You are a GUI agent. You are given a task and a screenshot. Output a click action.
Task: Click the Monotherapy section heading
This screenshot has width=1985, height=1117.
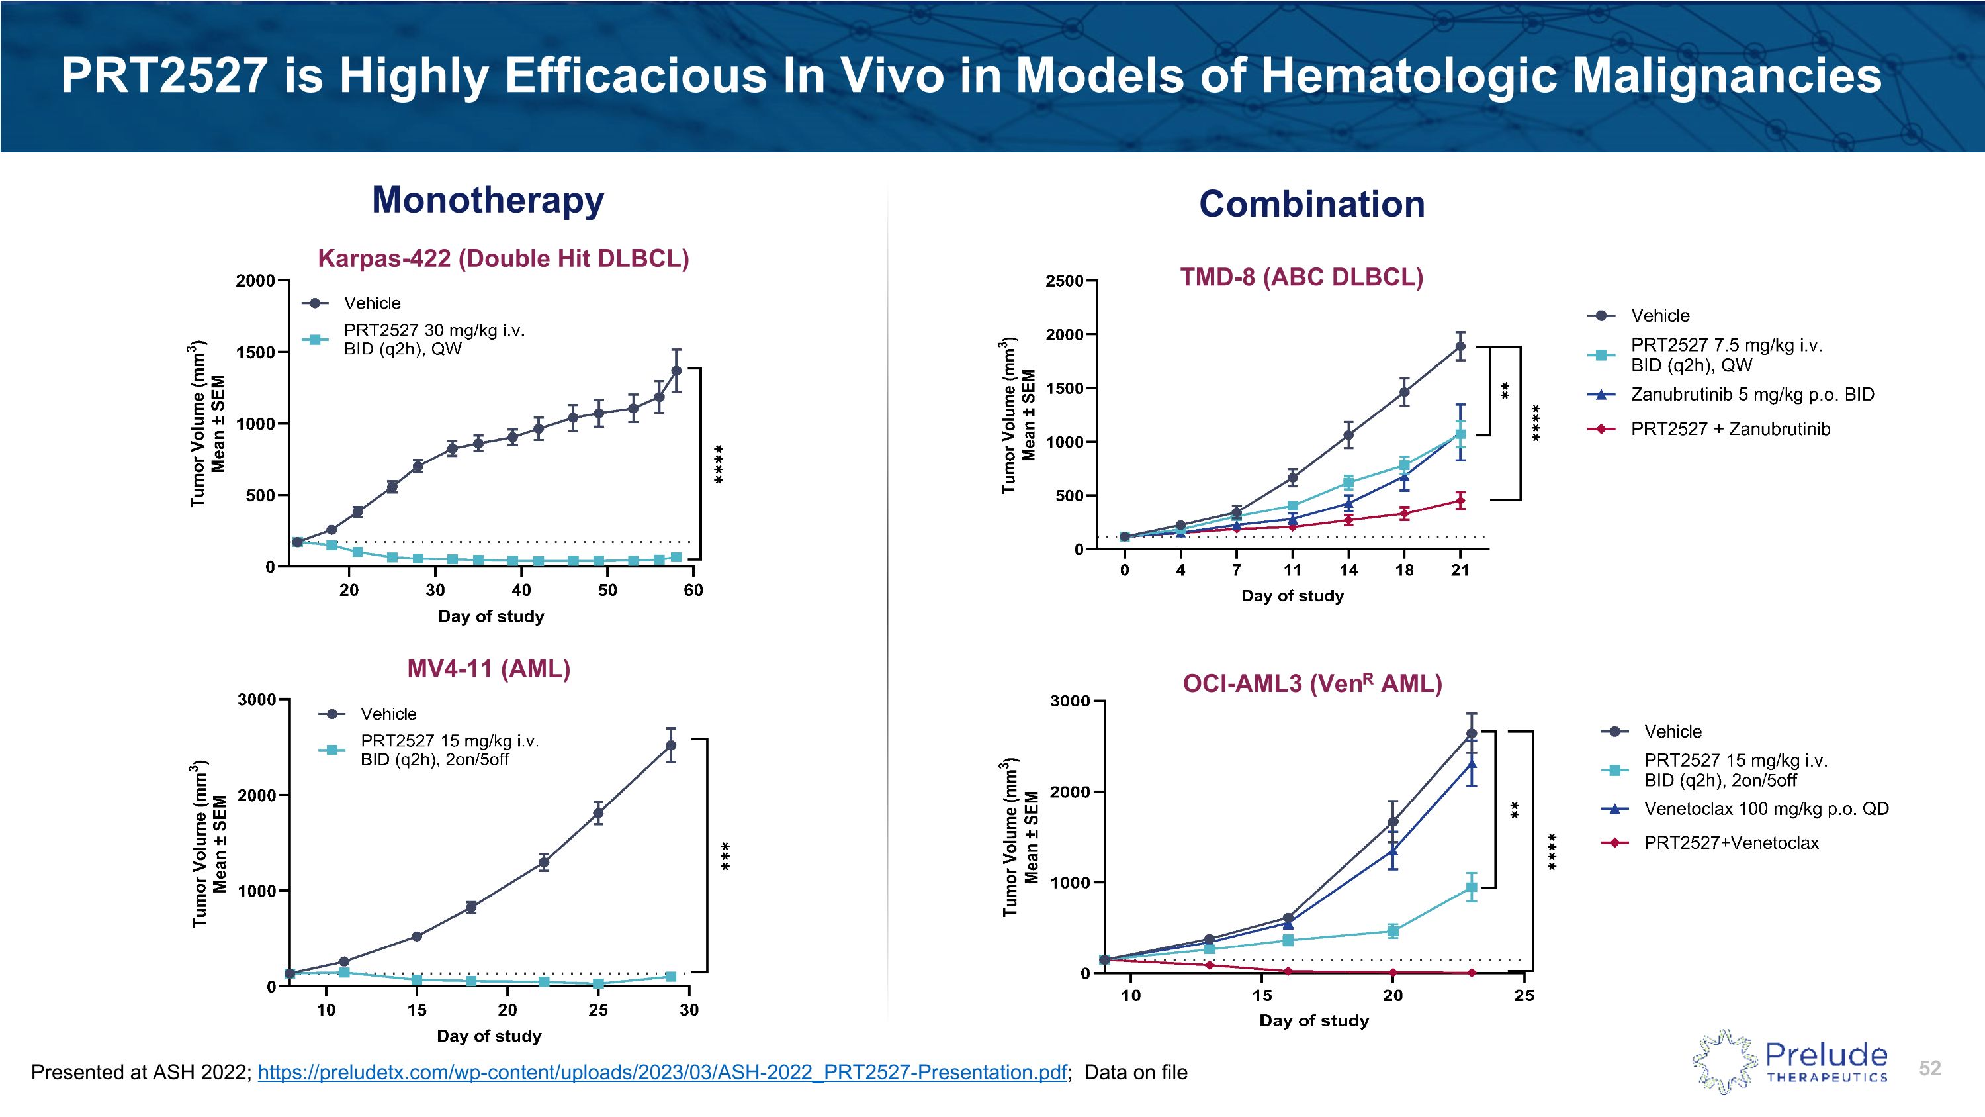tap(488, 200)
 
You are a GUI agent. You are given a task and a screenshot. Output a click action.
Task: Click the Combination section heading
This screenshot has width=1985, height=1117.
tap(1311, 205)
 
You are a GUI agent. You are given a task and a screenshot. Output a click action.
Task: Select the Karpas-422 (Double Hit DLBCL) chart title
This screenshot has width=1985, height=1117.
tap(503, 258)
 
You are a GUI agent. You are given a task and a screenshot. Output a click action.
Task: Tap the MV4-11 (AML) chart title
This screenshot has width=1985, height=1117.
tap(488, 668)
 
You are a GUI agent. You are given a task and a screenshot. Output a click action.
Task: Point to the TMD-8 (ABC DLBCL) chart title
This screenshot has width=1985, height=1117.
tap(1301, 277)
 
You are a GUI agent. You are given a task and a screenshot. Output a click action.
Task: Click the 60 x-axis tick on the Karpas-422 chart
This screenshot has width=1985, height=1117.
tap(693, 591)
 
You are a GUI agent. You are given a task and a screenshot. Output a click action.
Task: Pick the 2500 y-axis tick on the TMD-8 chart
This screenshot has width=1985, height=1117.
tap(1064, 281)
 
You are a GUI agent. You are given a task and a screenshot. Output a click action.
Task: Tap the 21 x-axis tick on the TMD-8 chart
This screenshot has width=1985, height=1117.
tap(1460, 571)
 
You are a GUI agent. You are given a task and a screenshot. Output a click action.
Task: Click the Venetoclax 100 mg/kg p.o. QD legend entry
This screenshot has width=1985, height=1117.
tap(1765, 808)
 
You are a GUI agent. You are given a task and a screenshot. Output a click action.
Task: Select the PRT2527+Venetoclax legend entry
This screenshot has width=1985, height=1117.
tap(1731, 843)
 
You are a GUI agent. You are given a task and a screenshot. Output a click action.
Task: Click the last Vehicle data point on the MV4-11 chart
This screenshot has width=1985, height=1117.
tap(671, 746)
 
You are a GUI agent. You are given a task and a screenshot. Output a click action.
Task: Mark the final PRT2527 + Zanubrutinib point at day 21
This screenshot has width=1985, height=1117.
tap(1460, 501)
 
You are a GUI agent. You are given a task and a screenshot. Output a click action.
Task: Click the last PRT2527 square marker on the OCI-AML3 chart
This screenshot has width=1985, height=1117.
tap(1471, 888)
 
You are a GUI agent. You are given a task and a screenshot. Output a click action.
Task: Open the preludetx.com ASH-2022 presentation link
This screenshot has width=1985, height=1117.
tap(662, 1072)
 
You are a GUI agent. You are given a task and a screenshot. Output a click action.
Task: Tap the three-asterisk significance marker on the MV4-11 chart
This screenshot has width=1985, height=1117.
tap(725, 856)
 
